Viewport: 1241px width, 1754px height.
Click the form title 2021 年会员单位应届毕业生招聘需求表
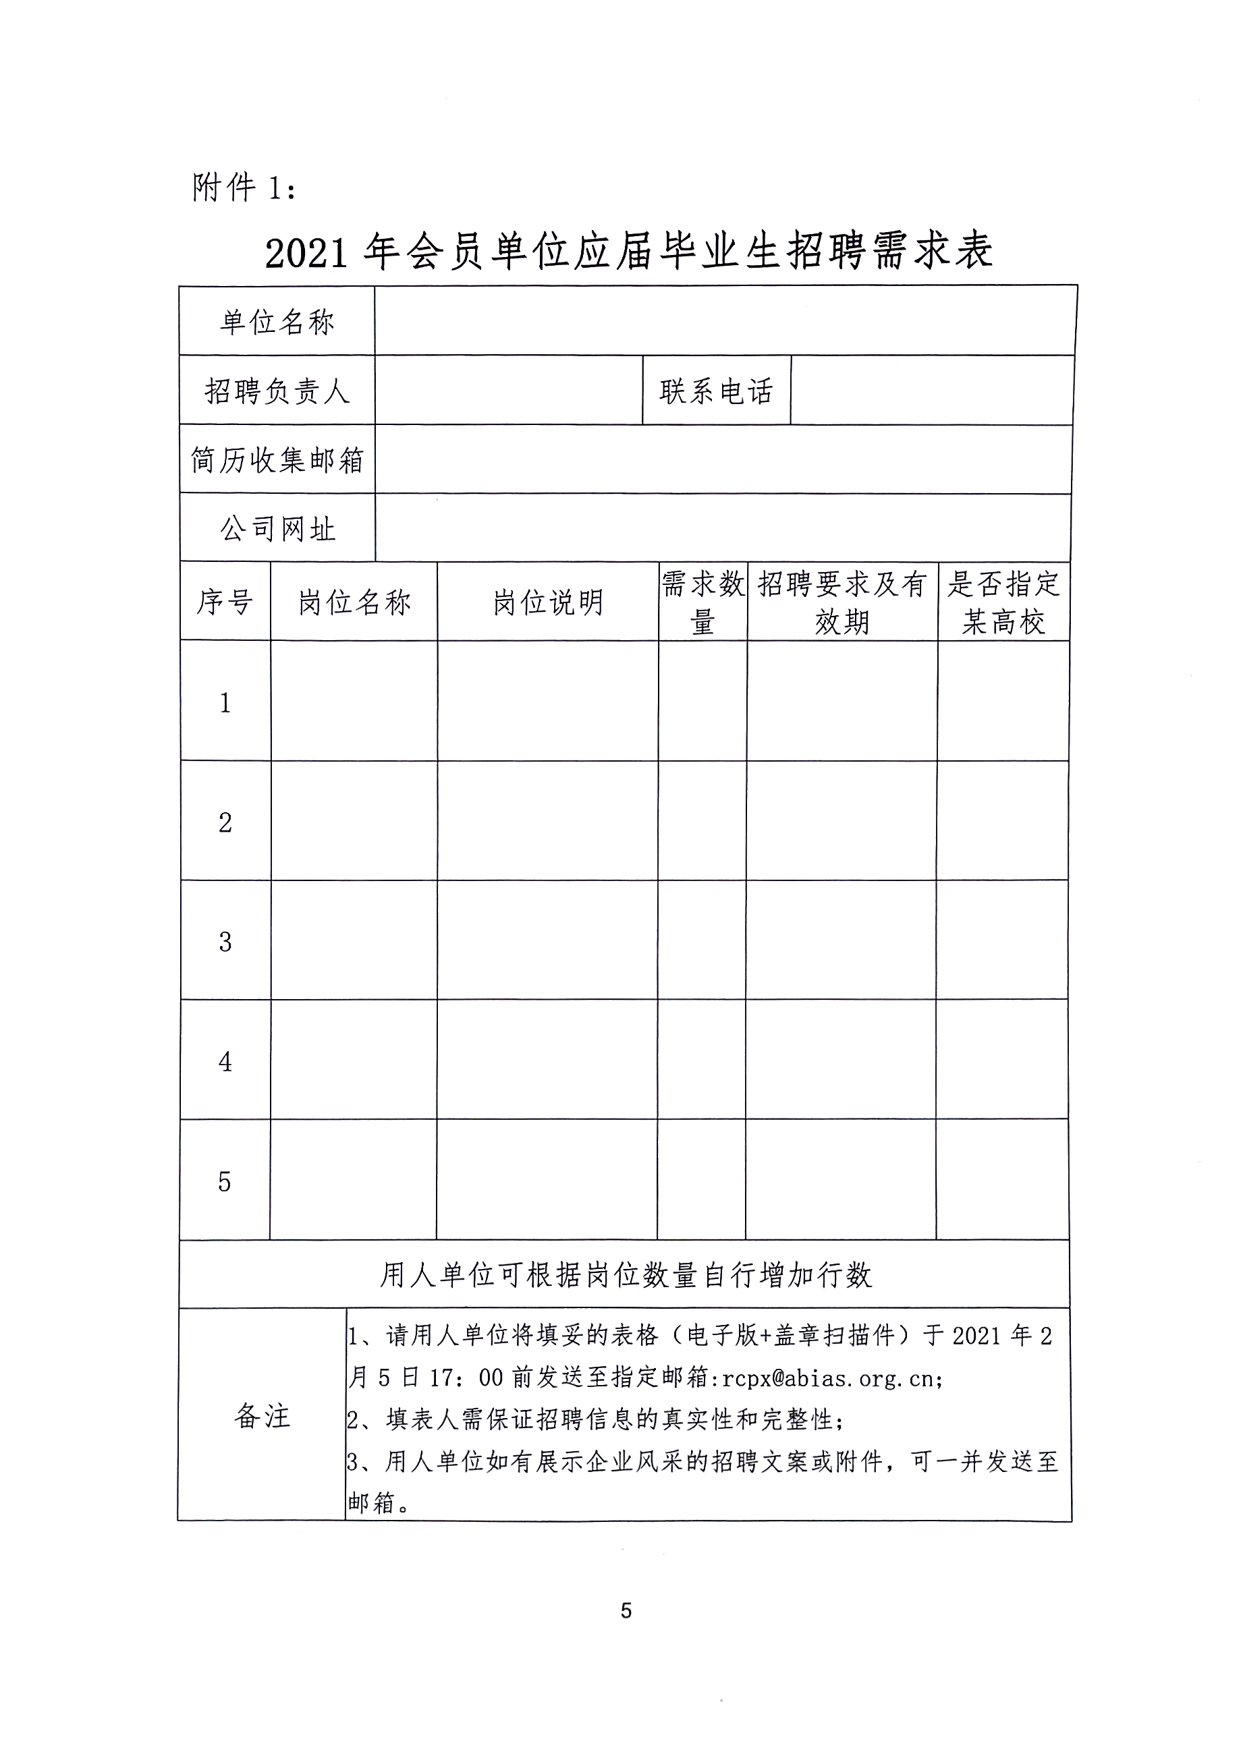pyautogui.click(x=628, y=252)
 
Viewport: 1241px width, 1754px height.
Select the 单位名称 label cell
pyautogui.click(x=277, y=322)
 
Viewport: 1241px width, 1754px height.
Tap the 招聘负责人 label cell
pyautogui.click(x=277, y=391)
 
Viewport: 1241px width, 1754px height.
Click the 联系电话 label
pyautogui.click(x=716, y=391)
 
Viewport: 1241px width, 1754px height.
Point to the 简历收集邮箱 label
pyautogui.click(x=277, y=460)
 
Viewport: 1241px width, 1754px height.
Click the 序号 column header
pyautogui.click(x=225, y=602)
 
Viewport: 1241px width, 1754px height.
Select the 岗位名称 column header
pyautogui.click(x=354, y=602)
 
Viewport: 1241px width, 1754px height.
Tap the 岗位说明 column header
pyautogui.click(x=548, y=602)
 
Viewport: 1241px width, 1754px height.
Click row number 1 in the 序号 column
pyautogui.click(x=225, y=703)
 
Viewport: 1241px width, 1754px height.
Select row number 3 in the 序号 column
pyautogui.click(x=225, y=942)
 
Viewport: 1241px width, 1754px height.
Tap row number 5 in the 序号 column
pyautogui.click(x=224, y=1182)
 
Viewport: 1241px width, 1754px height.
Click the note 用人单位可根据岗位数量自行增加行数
pyautogui.click(x=625, y=1275)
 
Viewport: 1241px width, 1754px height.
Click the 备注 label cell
pyautogui.click(x=262, y=1415)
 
